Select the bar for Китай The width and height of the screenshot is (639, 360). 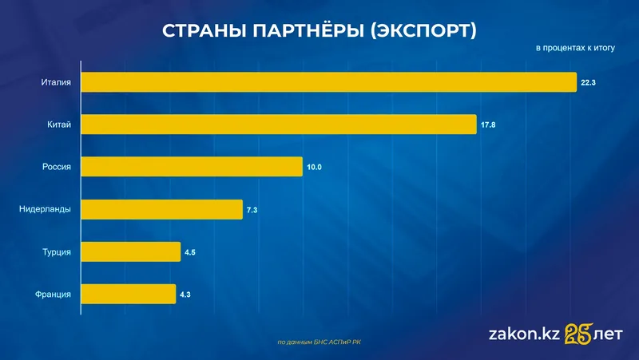tap(280, 125)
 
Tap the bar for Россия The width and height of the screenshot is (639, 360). tap(192, 167)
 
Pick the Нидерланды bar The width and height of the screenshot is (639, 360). tap(162, 209)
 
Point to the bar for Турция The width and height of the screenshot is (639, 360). tap(131, 251)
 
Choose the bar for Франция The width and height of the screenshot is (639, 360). tap(129, 294)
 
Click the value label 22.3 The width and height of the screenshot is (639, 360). tap(589, 82)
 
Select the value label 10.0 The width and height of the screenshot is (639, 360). tap(314, 167)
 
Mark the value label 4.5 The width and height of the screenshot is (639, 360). tap(190, 252)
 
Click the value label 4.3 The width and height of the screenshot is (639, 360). tap(185, 295)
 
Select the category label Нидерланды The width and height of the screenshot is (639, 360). tap(45, 209)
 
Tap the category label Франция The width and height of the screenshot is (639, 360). tap(54, 294)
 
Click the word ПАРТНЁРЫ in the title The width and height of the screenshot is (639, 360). tap(310, 31)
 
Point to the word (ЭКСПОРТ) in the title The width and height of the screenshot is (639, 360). tap(424, 31)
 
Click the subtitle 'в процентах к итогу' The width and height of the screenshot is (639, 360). tap(575, 49)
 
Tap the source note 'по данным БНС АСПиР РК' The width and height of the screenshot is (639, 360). tap(319, 342)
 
